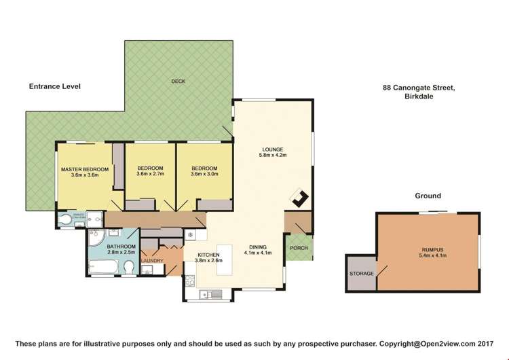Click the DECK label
point(178,82)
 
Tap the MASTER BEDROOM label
point(85,171)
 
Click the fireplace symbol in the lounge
point(299,198)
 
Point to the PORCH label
point(299,248)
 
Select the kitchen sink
point(209,294)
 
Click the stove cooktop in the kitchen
point(190,280)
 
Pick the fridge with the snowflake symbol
point(191,235)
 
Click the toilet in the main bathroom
point(128,270)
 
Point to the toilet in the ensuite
point(66,219)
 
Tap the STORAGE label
point(360,273)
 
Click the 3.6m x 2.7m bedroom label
point(150,171)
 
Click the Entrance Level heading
point(55,87)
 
